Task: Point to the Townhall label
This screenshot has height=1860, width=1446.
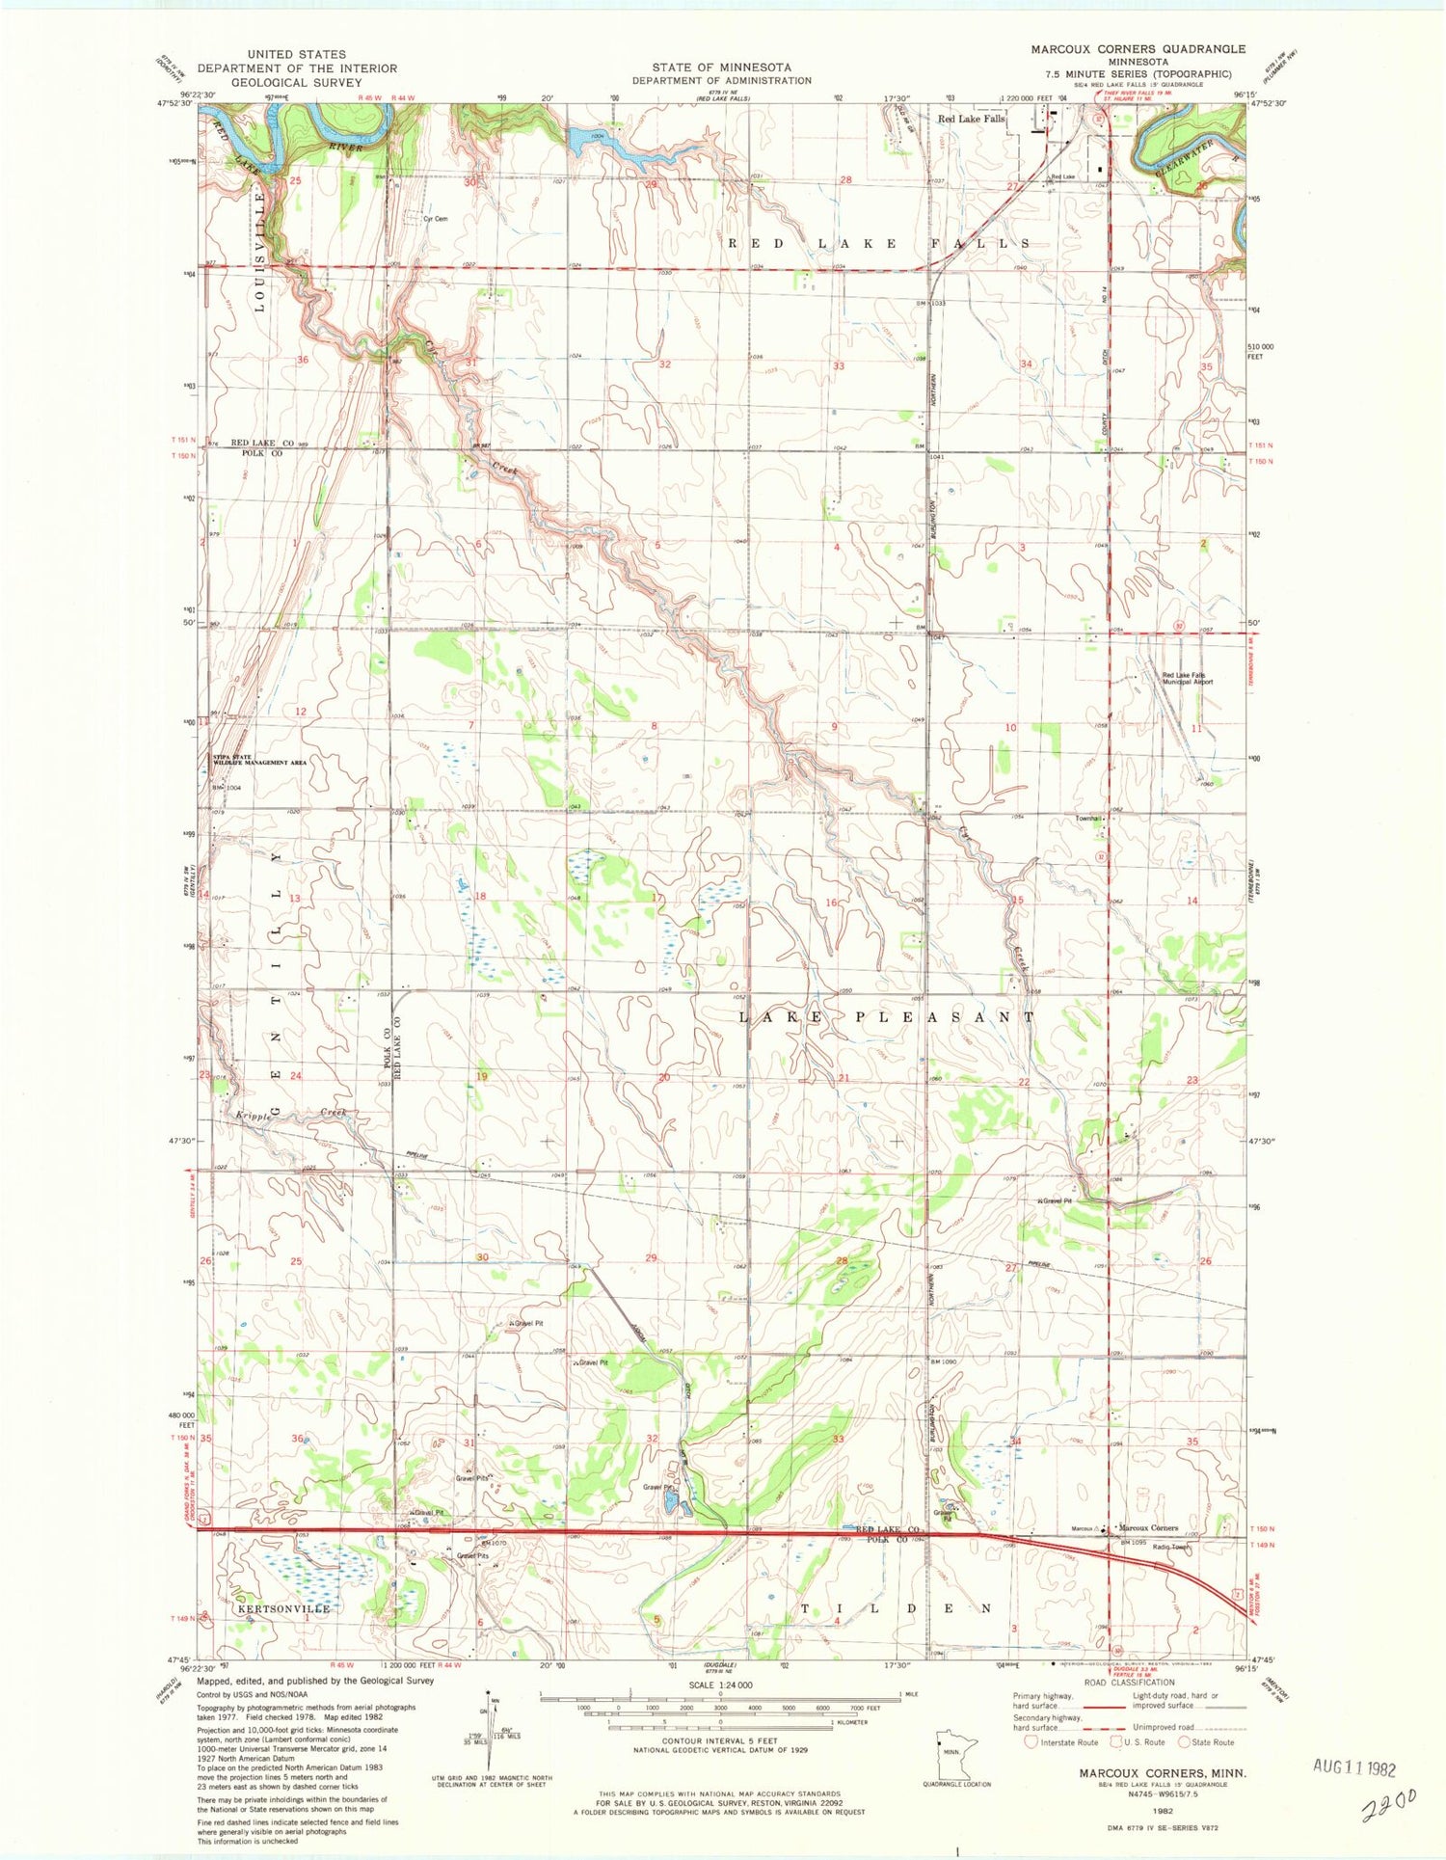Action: coord(1088,818)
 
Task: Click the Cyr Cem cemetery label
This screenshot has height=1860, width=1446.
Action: coord(435,219)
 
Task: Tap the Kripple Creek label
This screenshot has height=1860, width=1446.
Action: coord(292,1114)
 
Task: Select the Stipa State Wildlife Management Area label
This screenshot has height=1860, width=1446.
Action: coord(259,760)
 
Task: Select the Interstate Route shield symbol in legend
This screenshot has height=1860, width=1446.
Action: coord(1031,1741)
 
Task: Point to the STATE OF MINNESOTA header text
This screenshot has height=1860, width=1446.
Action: coord(721,67)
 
